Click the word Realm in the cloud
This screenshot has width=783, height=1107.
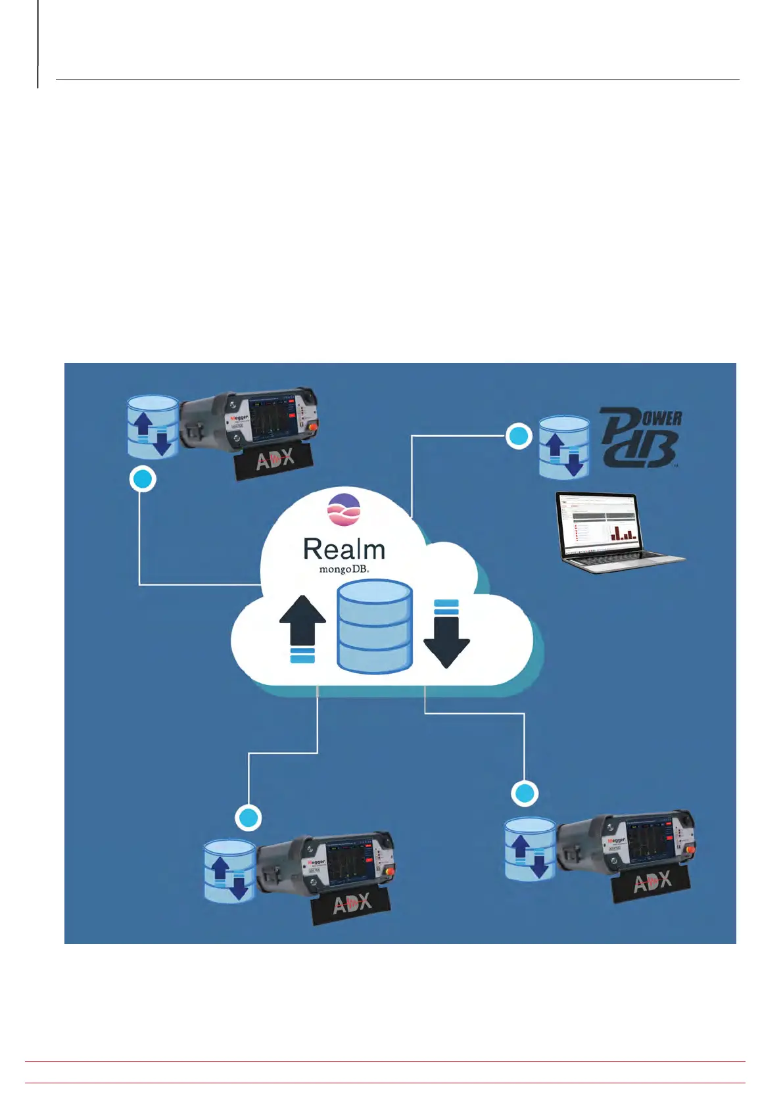[344, 550]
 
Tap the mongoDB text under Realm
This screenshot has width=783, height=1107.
[344, 569]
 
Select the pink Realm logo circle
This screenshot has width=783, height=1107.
[344, 509]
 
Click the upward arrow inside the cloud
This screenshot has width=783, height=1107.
[302, 628]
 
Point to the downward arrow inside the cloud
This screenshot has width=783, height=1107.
[446, 634]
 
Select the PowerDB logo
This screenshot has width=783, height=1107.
[640, 438]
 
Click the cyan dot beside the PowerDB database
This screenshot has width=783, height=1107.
[518, 436]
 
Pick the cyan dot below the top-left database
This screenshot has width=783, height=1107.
[143, 479]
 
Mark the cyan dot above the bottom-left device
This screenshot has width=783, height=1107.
[249, 818]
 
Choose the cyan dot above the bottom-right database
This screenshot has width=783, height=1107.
[525, 793]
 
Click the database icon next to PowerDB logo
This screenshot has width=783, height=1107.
[563, 447]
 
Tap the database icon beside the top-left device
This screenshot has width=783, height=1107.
[153, 427]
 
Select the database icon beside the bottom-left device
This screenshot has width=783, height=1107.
[229, 870]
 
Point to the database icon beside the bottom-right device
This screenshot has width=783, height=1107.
[530, 849]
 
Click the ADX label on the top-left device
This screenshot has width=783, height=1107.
[275, 459]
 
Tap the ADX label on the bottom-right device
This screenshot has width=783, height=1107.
[652, 882]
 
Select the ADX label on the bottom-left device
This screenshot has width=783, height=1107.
[352, 904]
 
